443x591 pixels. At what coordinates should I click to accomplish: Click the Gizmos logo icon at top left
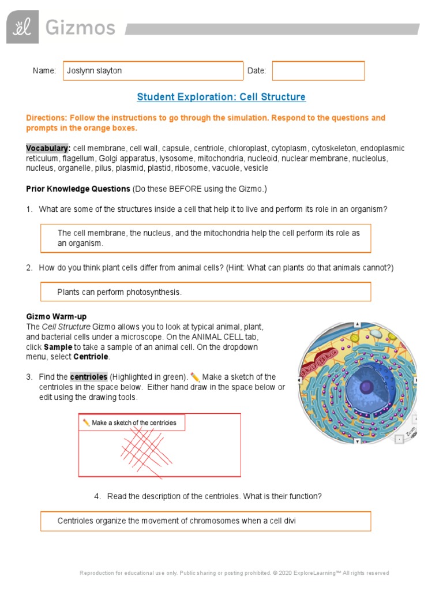pyautogui.click(x=23, y=27)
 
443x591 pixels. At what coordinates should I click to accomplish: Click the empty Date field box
pyautogui.click(x=318, y=70)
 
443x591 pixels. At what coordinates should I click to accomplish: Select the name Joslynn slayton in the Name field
pyautogui.click(x=94, y=71)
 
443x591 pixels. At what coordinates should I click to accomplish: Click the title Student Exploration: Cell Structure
pyautogui.click(x=221, y=97)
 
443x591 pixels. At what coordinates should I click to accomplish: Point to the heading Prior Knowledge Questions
pyautogui.click(x=78, y=189)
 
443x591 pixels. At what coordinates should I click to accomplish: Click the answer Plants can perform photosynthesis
pyautogui.click(x=119, y=292)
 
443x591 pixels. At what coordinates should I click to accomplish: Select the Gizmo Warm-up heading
pyautogui.click(x=57, y=317)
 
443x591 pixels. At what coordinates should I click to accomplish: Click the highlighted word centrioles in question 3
pyautogui.click(x=89, y=377)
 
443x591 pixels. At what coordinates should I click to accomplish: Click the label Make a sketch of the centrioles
pyautogui.click(x=133, y=423)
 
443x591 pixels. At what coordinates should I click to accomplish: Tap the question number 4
pyautogui.click(x=97, y=496)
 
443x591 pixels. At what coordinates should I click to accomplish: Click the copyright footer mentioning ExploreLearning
pyautogui.click(x=234, y=573)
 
